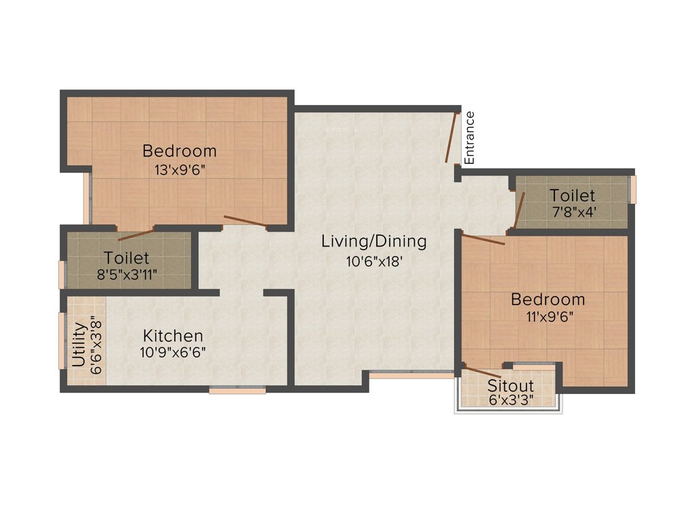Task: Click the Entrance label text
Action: coord(470,137)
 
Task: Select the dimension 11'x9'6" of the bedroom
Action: coord(548,317)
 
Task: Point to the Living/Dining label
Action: coord(373,241)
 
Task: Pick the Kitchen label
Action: coord(173,336)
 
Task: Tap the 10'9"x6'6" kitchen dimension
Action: coord(173,353)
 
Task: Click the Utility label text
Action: coord(79,345)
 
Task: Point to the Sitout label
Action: coord(510,386)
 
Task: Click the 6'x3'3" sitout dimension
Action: coord(510,400)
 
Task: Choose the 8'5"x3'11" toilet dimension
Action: coord(127,276)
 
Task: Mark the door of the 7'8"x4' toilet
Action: coord(519,211)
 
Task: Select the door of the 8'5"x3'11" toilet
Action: coord(136,235)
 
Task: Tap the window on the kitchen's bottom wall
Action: coord(237,390)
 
